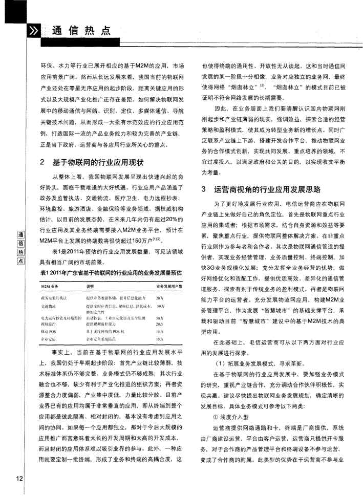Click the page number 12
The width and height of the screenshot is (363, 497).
coord(19,478)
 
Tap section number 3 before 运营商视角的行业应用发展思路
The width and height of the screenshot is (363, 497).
coord(204,189)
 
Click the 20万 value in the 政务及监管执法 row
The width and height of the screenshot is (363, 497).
coord(160,297)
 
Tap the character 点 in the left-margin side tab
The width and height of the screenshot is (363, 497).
coord(21,261)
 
